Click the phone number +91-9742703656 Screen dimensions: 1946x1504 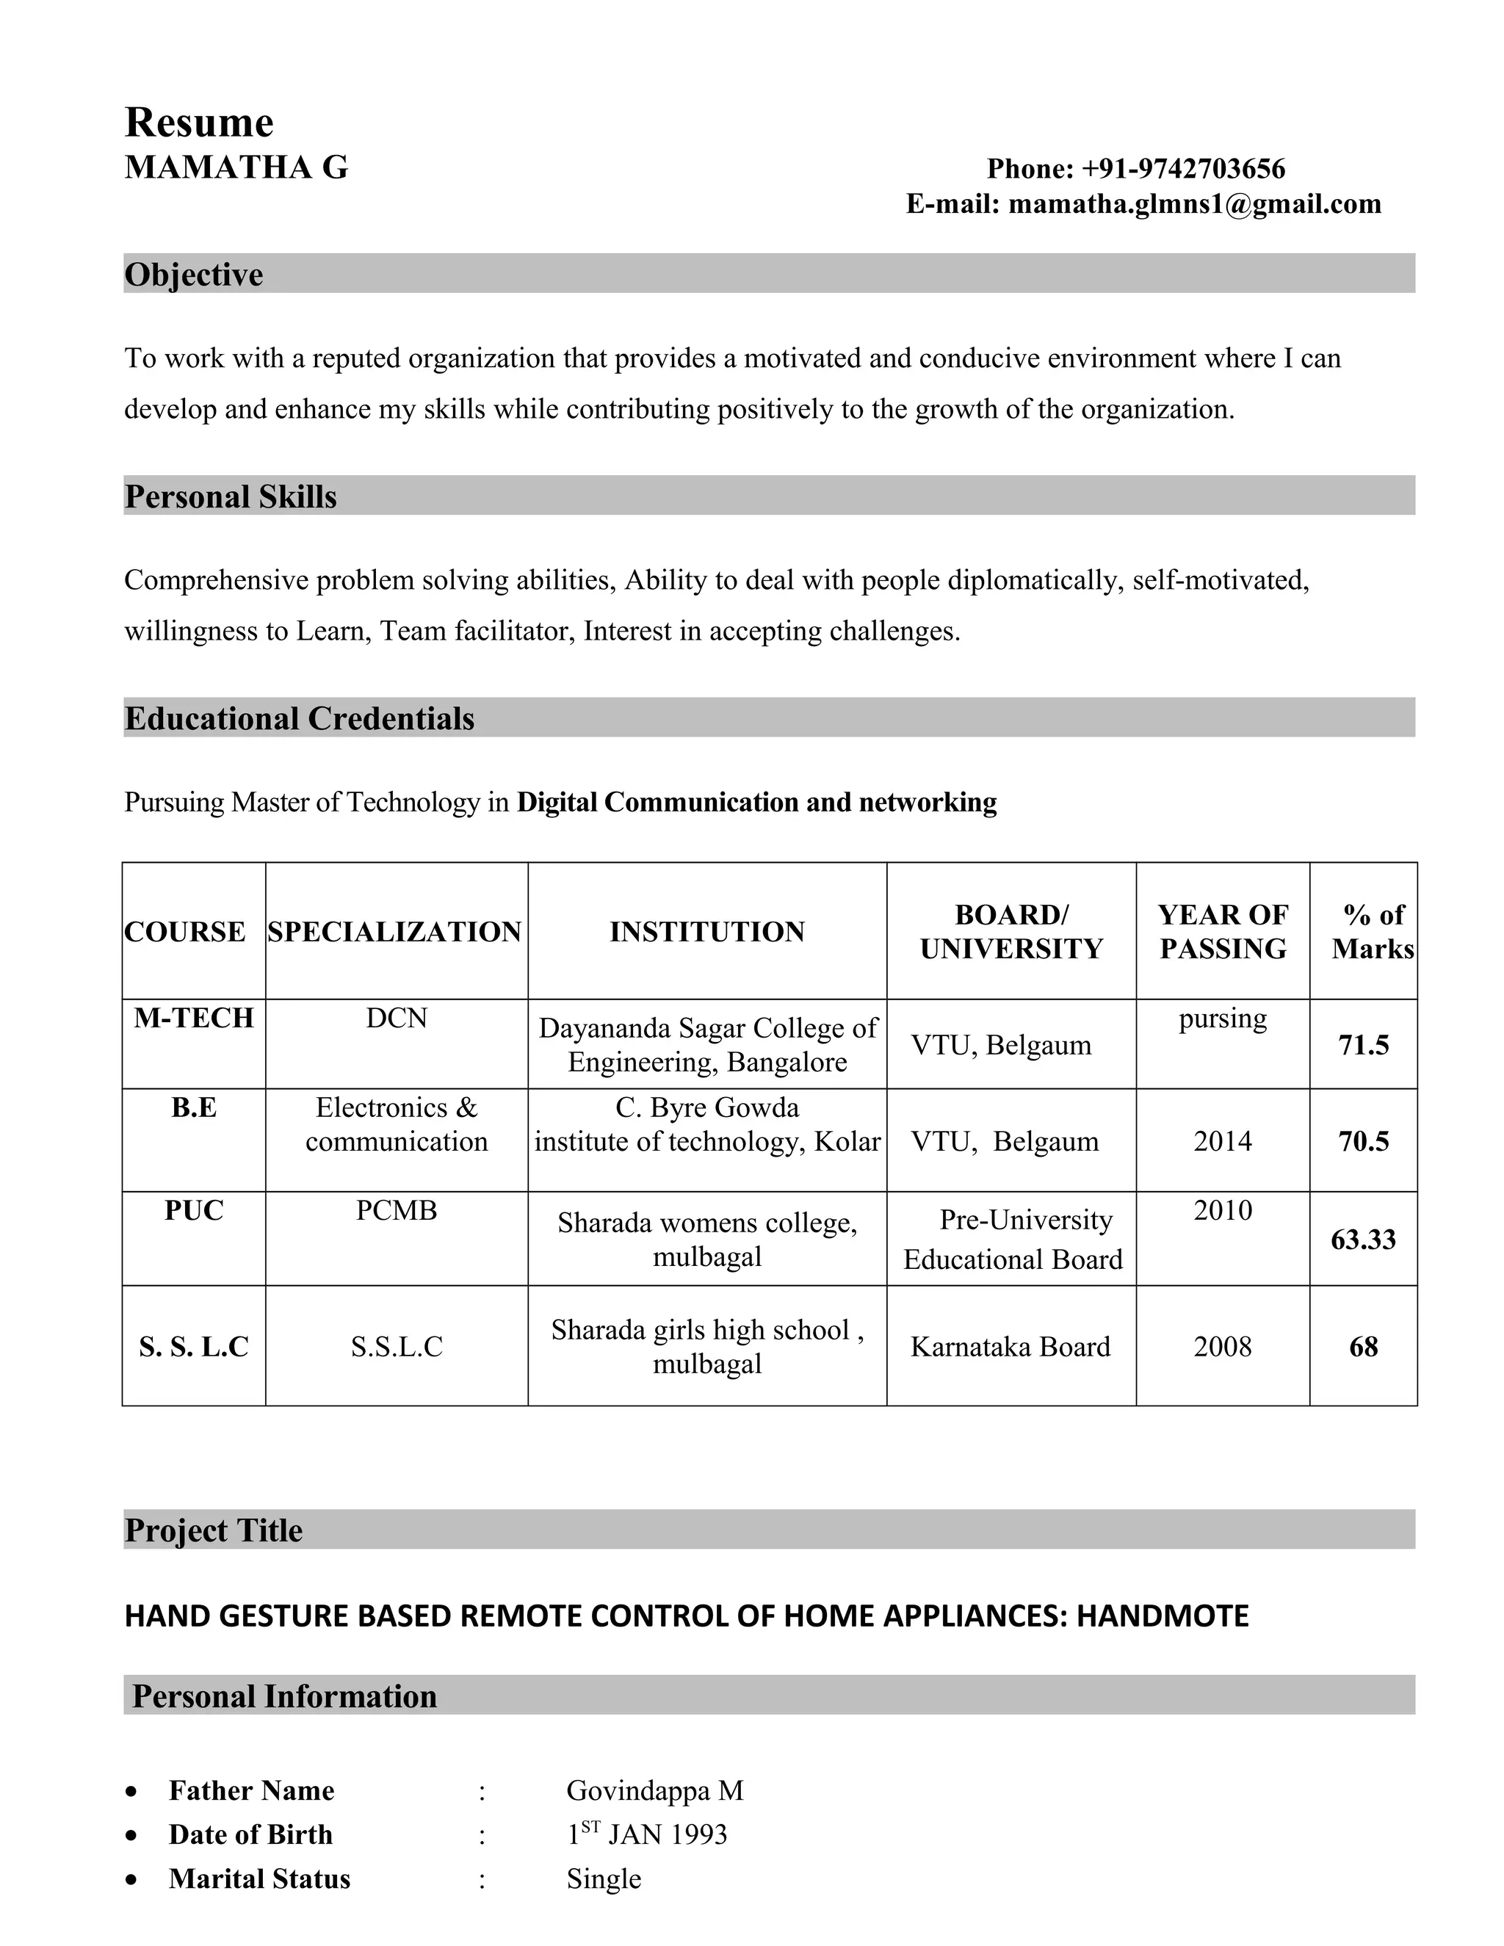coord(1182,168)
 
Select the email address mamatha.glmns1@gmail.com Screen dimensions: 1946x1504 coord(1194,204)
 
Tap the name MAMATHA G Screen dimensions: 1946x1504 coord(236,167)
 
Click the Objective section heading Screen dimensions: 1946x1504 coord(193,275)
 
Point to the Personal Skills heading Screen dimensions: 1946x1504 coord(231,496)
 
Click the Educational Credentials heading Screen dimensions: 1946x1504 coord(300,718)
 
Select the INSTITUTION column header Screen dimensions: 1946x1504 coord(706,931)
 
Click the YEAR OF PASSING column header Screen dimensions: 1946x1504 coord(1223,931)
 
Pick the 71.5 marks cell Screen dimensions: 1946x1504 coord(1363,1044)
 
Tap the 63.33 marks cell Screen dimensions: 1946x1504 coord(1363,1240)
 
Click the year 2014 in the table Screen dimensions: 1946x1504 coord(1223,1141)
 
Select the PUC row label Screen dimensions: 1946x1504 coord(193,1210)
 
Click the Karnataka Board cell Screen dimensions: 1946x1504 coord(1010,1346)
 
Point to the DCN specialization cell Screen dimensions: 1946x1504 coord(397,1018)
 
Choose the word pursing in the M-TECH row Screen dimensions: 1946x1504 coord(1223,1018)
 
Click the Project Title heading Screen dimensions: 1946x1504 coord(214,1530)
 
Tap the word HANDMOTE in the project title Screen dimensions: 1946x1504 coord(1162,1616)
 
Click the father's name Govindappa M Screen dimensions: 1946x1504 coord(655,1790)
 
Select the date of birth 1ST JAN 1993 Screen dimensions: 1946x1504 coord(648,1834)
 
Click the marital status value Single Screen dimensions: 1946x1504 coord(603,1878)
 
